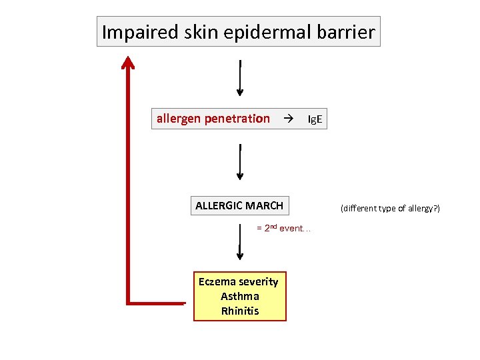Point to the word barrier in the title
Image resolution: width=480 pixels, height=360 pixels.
pyautogui.click(x=343, y=31)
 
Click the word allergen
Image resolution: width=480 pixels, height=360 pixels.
pyautogui.click(x=179, y=119)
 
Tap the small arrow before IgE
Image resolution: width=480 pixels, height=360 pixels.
pyautogui.click(x=288, y=119)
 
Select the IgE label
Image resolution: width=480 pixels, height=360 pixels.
pyautogui.click(x=315, y=119)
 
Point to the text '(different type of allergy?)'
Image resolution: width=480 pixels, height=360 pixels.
pyautogui.click(x=390, y=209)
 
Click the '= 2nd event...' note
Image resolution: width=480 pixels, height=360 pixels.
pyautogui.click(x=283, y=228)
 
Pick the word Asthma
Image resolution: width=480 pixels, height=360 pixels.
pyautogui.click(x=239, y=296)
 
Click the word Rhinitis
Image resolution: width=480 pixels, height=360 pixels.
pyautogui.click(x=239, y=311)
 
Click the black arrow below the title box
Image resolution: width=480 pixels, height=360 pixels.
pyautogui.click(x=240, y=78)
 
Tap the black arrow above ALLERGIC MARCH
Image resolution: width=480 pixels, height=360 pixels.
pyautogui.click(x=240, y=163)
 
